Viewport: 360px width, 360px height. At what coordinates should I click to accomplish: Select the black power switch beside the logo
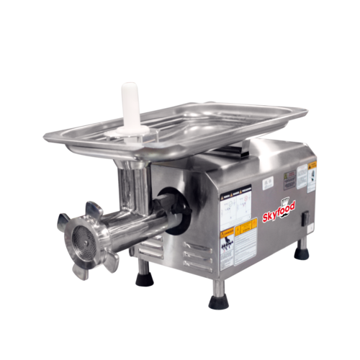pos(303,217)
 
